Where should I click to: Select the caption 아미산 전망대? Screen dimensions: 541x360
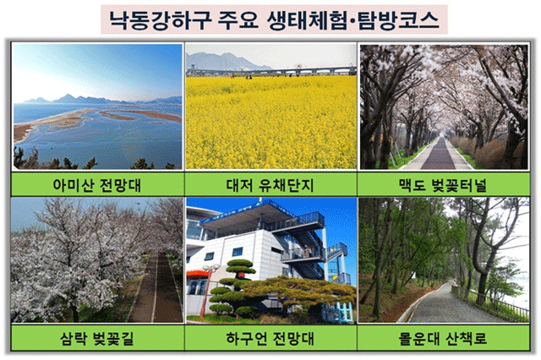coord(97,185)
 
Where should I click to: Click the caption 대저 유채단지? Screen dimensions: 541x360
coord(270,185)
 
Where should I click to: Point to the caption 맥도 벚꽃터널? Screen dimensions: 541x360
coord(443,185)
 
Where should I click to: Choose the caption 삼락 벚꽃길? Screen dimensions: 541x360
coord(97,338)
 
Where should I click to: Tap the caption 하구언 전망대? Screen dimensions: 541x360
coord(270,338)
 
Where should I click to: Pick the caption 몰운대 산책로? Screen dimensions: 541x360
coord(443,338)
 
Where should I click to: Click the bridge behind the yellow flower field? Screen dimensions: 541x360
coord(271,71)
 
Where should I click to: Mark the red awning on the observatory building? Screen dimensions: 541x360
coord(198,275)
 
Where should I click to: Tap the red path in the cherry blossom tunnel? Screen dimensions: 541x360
coord(439,155)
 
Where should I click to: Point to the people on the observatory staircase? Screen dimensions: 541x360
coord(307,251)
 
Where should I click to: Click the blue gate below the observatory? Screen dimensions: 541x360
coord(337,312)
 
